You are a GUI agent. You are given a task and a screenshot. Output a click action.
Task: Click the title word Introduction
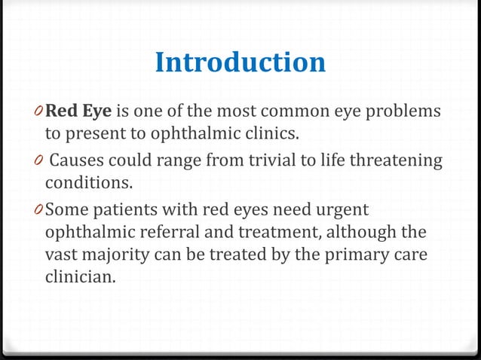click(240, 63)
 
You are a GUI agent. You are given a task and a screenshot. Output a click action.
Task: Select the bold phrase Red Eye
click(78, 113)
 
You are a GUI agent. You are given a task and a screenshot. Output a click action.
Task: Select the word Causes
click(78, 160)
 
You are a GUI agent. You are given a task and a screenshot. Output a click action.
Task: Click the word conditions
click(86, 184)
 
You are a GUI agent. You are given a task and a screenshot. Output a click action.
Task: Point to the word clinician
click(81, 278)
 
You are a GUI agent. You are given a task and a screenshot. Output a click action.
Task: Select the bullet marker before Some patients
click(39, 209)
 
